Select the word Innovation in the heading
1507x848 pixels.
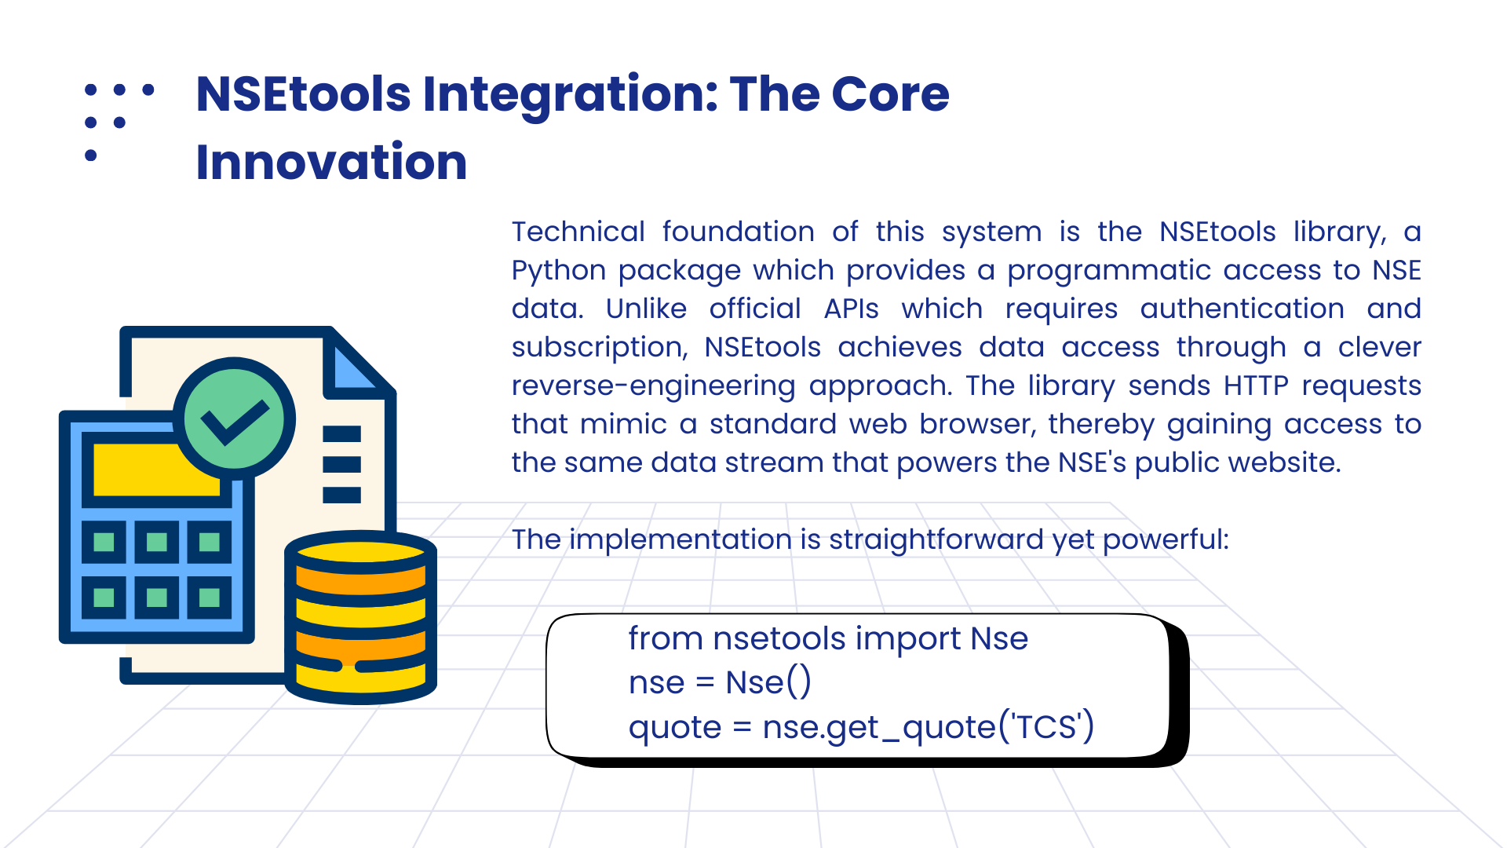331,162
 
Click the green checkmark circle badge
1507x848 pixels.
234,419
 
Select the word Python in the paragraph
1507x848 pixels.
559,271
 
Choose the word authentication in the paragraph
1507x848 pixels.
1242,309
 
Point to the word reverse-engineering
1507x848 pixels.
653,386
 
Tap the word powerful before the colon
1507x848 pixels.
1162,540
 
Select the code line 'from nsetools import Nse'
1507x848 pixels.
828,638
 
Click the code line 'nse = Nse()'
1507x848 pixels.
720,682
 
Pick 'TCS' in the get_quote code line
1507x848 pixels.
1046,727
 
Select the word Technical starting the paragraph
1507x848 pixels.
578,232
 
